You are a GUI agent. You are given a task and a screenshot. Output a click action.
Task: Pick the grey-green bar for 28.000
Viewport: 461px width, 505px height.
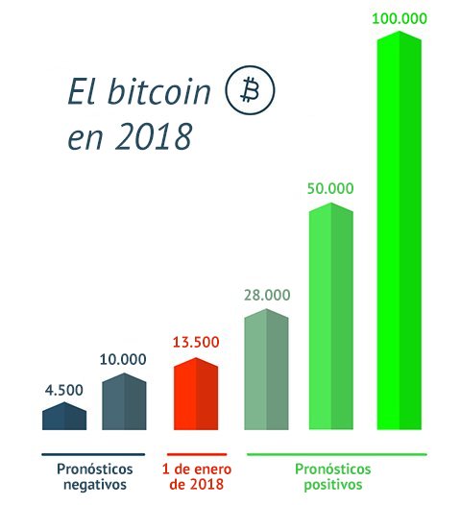[266, 371]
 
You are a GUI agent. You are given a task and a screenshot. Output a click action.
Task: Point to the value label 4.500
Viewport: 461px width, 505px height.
[64, 390]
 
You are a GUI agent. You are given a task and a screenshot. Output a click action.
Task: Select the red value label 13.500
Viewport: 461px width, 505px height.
[196, 343]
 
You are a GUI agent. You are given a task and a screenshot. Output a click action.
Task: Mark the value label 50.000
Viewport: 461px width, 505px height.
[331, 188]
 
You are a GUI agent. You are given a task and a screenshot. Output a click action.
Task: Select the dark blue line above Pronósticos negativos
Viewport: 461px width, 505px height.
[92, 453]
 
